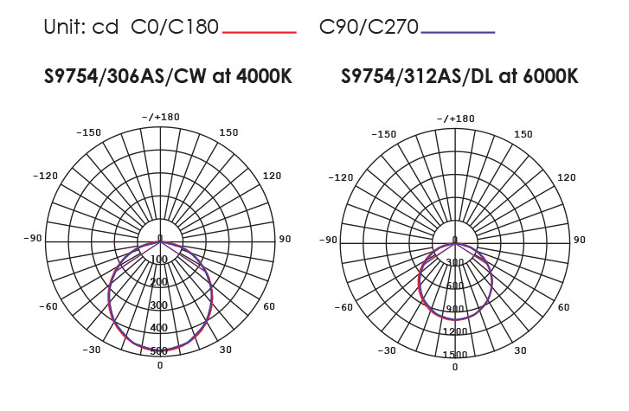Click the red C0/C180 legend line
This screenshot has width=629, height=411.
click(x=260, y=32)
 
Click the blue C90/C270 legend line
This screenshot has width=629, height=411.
click(x=458, y=32)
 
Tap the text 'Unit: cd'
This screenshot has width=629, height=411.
click(x=81, y=28)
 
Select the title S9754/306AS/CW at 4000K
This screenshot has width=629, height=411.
click(x=168, y=76)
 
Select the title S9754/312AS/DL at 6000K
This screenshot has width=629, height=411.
click(x=459, y=76)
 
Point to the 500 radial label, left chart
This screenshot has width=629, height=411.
click(x=159, y=351)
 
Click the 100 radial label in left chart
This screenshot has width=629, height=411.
click(x=159, y=260)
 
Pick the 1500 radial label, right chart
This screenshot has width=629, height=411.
click(x=455, y=355)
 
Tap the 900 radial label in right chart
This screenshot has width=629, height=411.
click(x=455, y=309)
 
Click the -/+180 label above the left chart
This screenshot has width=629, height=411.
click(x=161, y=117)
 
